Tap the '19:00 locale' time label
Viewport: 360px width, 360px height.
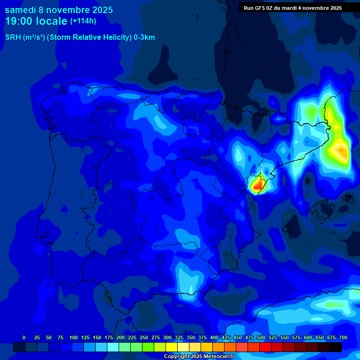tap(36, 21)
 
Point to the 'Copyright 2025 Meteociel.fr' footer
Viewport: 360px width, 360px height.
tap(200, 357)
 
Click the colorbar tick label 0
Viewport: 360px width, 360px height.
tap(24, 337)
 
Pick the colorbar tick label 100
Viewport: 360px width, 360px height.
tap(74, 337)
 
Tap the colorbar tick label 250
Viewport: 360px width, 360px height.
tap(144, 337)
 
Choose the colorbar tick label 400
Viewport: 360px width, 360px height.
tap(214, 337)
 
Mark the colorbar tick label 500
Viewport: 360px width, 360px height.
tap(261, 337)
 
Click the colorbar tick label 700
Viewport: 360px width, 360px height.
tap(343, 337)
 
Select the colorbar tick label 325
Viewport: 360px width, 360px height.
tap(179, 337)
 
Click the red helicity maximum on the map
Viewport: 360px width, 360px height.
tap(256, 186)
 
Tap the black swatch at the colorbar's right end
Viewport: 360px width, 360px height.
tap(336, 347)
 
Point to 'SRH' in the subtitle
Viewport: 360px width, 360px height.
tap(13, 37)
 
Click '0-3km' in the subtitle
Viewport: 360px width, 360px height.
tap(144, 37)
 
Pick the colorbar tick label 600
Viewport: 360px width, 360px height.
tap(308, 337)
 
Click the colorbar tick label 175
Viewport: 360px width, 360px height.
tap(109, 337)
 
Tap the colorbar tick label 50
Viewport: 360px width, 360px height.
tap(49, 337)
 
